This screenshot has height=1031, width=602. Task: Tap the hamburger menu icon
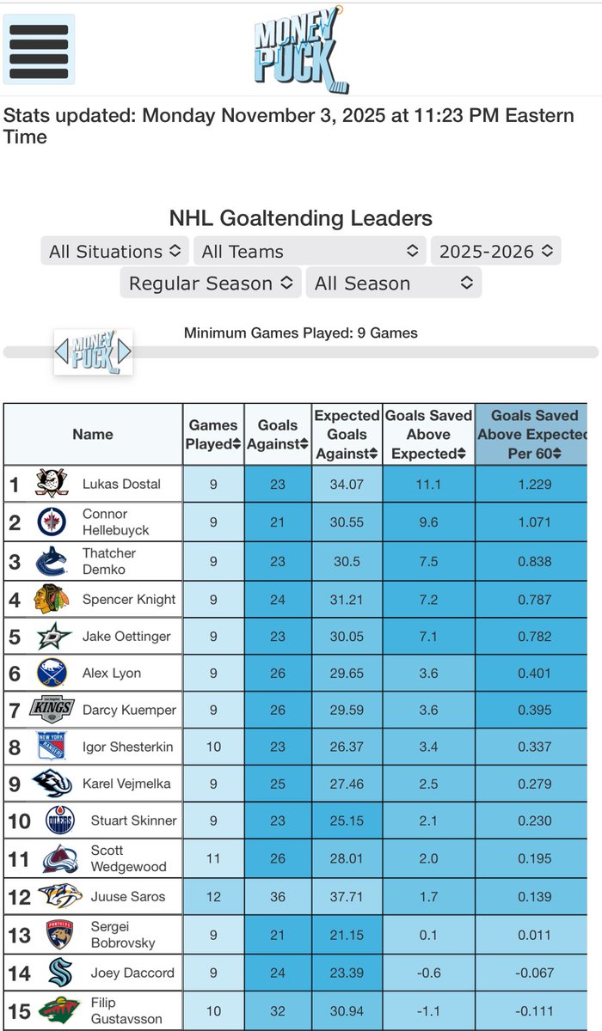click(39, 48)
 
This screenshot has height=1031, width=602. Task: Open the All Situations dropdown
click(114, 252)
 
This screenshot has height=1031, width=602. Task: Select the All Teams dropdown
click(310, 252)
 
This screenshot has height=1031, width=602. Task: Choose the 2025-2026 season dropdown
click(495, 252)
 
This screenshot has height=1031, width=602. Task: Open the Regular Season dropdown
click(211, 284)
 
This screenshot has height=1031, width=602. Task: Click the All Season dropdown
click(393, 284)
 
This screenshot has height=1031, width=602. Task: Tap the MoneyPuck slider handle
click(93, 351)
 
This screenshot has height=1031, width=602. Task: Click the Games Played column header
click(212, 434)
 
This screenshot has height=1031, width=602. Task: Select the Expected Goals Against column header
click(347, 434)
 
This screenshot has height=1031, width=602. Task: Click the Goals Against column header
click(277, 434)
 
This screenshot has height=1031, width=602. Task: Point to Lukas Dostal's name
click(121, 484)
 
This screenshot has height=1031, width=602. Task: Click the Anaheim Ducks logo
click(51, 484)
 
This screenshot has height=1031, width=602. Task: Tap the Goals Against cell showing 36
click(277, 896)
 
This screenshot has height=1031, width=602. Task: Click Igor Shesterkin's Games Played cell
click(212, 747)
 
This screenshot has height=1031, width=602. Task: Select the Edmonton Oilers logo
click(59, 821)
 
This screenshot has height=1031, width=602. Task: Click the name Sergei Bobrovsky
click(123, 935)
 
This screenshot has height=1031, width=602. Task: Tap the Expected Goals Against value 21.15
click(347, 935)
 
